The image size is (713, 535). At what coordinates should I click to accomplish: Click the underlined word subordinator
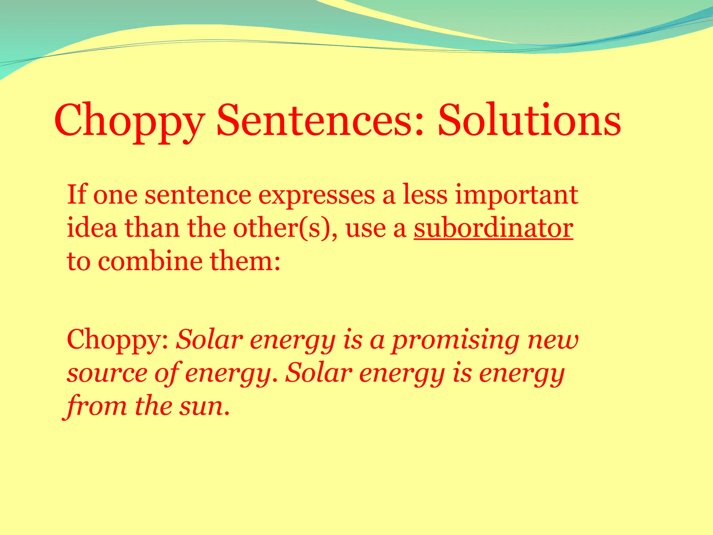coord(493,228)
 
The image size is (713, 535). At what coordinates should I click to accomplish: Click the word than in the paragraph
coord(152,228)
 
